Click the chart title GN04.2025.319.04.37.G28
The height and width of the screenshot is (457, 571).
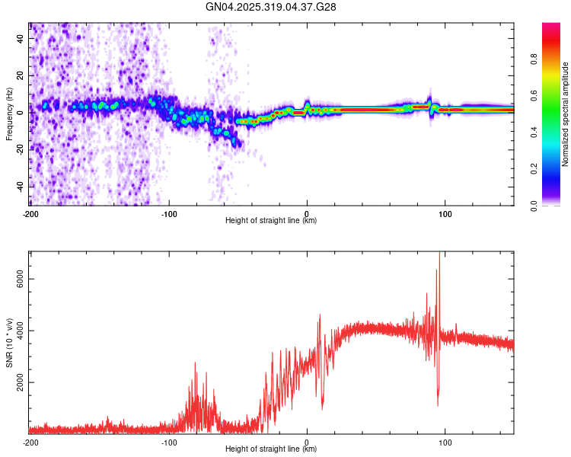pyautogui.click(x=271, y=7)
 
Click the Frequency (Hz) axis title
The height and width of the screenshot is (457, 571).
pyautogui.click(x=9, y=114)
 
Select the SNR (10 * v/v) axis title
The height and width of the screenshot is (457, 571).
pyautogui.click(x=9, y=342)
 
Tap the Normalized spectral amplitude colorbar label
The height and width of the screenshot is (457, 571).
pyautogui.click(x=566, y=114)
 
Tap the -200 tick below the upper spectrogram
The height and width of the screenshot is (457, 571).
pyautogui.click(x=30, y=213)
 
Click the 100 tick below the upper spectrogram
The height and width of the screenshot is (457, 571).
pyautogui.click(x=445, y=213)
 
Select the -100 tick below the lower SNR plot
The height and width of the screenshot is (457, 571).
pyautogui.click(x=168, y=441)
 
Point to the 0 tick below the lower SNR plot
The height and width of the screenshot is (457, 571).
pyautogui.click(x=307, y=441)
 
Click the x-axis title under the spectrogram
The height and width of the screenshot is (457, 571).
pyautogui.click(x=271, y=221)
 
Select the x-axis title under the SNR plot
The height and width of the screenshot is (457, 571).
pyautogui.click(x=271, y=449)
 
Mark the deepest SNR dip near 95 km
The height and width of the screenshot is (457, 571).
pyautogui.click(x=438, y=404)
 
